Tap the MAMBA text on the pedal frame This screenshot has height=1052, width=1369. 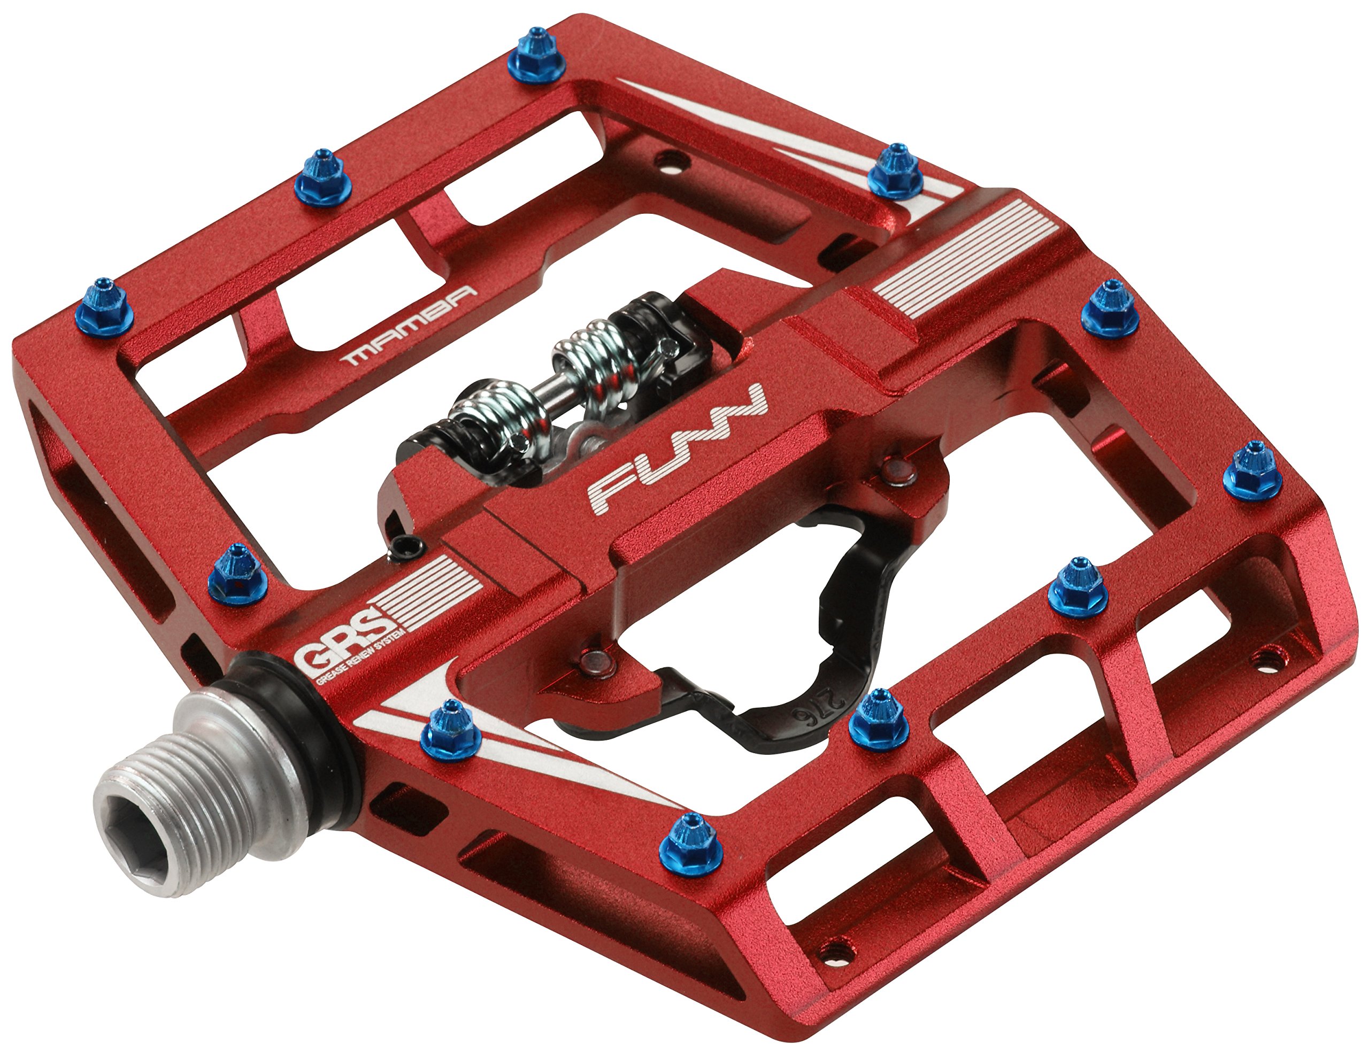click(x=407, y=326)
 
